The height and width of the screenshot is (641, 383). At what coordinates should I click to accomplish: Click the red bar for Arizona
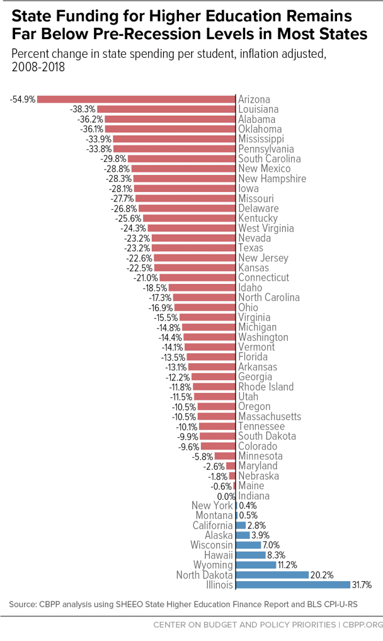(x=136, y=99)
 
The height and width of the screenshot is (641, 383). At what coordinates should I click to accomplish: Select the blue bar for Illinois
(x=294, y=584)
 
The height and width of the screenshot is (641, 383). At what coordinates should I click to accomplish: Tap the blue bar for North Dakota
(x=273, y=575)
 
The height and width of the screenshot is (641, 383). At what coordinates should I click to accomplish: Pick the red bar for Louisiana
(x=166, y=109)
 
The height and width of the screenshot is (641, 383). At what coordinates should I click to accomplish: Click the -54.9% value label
(x=23, y=99)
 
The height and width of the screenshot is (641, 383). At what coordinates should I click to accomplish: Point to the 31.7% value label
(x=362, y=585)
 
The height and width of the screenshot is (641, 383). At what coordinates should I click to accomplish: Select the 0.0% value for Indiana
(x=226, y=496)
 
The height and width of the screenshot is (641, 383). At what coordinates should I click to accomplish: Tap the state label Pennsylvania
(x=266, y=149)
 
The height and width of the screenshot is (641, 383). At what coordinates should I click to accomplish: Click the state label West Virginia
(x=266, y=228)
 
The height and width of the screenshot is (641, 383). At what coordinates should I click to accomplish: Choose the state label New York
(x=212, y=506)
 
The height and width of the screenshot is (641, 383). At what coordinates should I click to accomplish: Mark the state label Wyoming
(x=213, y=565)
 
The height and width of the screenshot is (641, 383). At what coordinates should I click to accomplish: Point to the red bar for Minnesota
(x=225, y=456)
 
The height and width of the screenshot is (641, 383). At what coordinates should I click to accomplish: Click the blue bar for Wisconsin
(x=249, y=545)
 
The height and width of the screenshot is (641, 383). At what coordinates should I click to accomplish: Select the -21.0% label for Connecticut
(x=146, y=278)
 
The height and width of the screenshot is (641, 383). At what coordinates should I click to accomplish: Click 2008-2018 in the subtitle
(x=38, y=67)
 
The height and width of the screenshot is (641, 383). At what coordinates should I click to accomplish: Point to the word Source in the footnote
(x=23, y=604)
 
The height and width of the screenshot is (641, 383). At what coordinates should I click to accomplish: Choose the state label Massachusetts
(x=270, y=417)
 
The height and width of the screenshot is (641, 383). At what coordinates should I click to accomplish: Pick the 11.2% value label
(x=287, y=565)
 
